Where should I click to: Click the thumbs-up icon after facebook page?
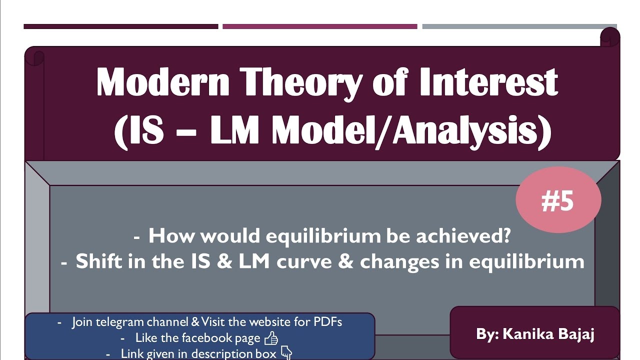tap(271, 338)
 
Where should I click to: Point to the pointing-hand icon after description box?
tap(286, 353)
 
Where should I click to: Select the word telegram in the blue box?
tap(118, 322)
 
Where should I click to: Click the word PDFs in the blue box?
tap(327, 322)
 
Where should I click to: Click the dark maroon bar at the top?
tap(120, 26)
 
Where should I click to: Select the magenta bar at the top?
tap(319, 26)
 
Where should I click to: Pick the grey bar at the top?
tap(519, 26)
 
